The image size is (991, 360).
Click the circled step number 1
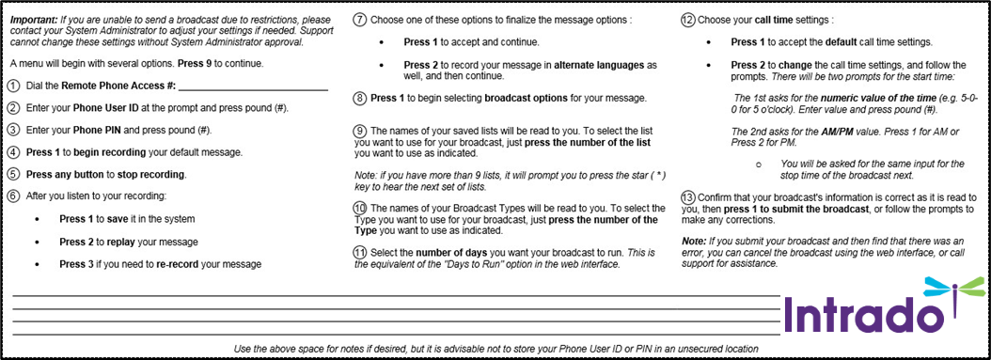coord(12,86)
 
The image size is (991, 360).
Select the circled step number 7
coord(359,20)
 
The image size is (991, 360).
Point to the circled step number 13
coord(687,196)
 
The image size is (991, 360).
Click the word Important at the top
coord(33,19)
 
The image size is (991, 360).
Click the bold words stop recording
coord(152,174)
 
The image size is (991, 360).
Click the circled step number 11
coord(359,253)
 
